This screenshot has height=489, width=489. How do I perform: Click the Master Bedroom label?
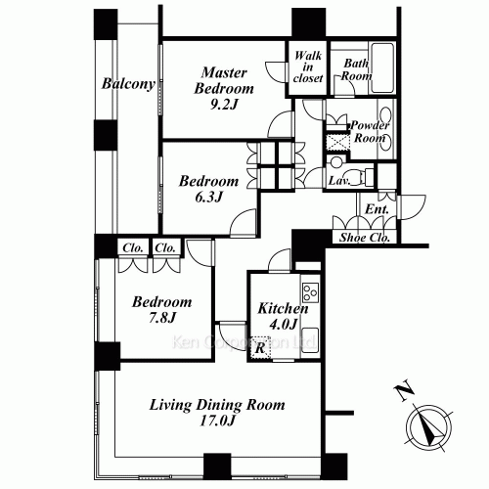coord(224,80)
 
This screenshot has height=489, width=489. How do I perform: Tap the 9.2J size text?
coord(224,104)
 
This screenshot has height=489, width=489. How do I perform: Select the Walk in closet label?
coord(308,67)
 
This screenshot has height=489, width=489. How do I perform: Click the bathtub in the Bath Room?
coord(382,68)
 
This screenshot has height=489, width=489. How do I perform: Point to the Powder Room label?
coord(370,132)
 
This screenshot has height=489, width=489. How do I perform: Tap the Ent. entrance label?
coord(377,209)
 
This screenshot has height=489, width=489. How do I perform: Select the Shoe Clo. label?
coord(365,238)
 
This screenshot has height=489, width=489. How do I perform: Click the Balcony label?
coord(128,84)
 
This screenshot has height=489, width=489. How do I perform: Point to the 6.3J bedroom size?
coord(208,197)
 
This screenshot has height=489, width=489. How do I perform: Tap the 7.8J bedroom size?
coord(162,317)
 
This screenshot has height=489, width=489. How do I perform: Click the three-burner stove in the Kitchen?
coord(310,292)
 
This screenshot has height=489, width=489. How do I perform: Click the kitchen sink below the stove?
coord(310,342)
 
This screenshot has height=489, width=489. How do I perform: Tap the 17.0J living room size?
coord(217,421)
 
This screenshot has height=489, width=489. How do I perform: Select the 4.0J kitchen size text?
coord(283,324)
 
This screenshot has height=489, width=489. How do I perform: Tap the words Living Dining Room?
coord(217,405)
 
